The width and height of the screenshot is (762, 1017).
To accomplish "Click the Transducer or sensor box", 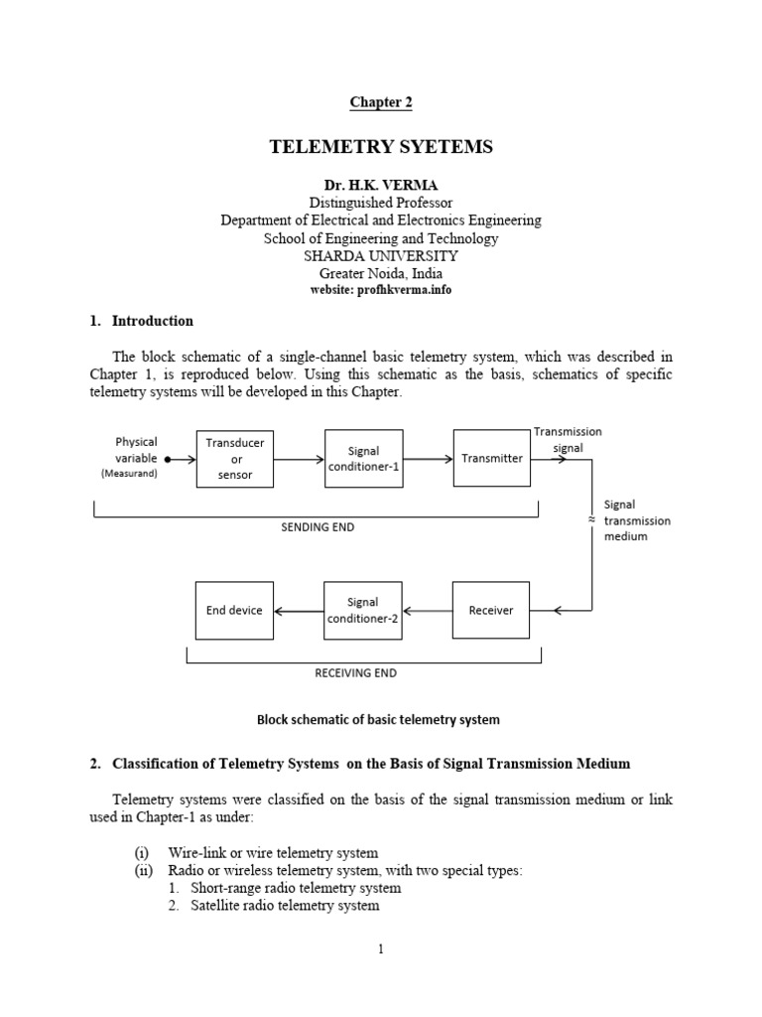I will (235, 459).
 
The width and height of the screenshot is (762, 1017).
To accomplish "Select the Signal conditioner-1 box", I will (364, 459).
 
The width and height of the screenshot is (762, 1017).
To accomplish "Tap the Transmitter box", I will (491, 459).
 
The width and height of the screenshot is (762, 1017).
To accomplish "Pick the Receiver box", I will (491, 610).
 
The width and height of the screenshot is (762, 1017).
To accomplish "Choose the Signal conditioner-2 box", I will (363, 610).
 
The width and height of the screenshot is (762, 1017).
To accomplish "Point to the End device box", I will (234, 610).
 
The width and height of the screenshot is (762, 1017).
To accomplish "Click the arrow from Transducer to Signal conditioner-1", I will (300, 460).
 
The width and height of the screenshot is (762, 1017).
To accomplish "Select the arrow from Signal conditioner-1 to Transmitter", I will (428, 460).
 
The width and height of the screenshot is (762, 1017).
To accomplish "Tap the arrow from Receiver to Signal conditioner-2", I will (428, 611).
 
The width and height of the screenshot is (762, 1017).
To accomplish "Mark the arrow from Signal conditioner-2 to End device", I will (299, 611).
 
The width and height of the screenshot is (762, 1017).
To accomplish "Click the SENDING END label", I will (317, 527).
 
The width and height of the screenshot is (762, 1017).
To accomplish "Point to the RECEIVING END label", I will (355, 672).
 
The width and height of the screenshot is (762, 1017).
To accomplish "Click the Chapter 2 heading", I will (380, 102).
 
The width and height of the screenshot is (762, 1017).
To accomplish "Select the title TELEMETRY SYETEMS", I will (381, 148).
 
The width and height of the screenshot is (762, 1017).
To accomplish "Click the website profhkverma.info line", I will (381, 290).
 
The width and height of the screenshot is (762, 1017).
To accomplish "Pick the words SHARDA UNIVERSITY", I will (381, 256).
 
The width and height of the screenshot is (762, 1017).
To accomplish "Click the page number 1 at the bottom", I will (380, 949).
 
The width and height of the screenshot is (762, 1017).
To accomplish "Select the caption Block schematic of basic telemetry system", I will (378, 719).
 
